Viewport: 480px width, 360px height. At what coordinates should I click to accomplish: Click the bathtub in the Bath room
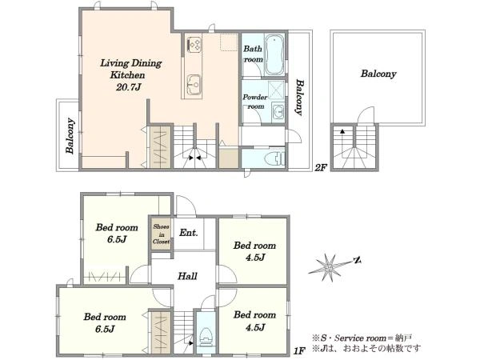274,54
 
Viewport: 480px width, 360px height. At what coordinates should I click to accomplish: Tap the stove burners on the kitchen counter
194,45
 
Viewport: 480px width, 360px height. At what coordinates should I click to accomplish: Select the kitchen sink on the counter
193,83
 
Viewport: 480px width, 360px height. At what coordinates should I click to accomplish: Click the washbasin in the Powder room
278,111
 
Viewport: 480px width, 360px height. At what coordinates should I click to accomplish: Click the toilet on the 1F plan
205,336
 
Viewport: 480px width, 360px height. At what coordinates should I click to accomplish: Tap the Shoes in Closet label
162,234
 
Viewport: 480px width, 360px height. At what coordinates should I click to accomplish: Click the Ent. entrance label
189,233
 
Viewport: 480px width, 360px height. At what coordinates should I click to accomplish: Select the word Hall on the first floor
187,276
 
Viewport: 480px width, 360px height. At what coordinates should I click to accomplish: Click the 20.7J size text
129,87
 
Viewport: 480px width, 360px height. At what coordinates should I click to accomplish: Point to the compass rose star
329,268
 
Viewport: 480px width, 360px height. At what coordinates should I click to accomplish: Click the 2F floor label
321,168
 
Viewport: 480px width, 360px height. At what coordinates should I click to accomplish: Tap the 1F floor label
299,351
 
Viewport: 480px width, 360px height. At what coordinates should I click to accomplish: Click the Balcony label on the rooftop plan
378,74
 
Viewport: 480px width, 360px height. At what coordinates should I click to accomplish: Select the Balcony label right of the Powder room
300,98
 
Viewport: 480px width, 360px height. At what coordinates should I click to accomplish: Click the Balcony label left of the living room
70,136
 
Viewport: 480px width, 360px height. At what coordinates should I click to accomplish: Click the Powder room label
255,102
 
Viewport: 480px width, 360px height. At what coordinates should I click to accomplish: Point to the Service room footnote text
362,338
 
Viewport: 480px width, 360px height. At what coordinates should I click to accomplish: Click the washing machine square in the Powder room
276,90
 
